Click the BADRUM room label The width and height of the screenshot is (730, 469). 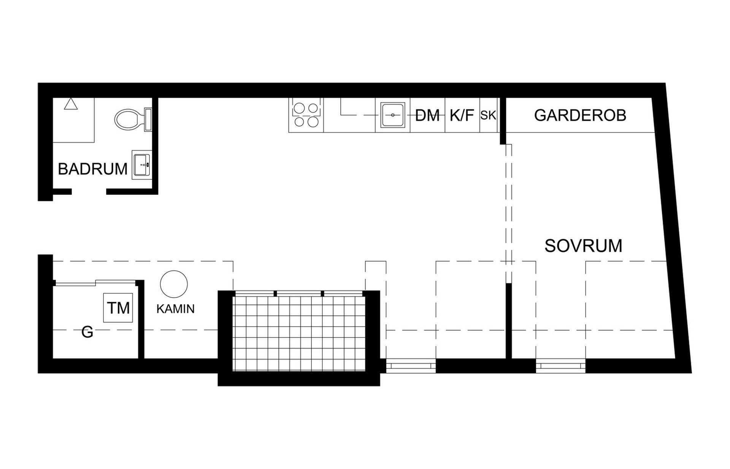click(92, 169)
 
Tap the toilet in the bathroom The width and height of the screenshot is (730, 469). click(133, 119)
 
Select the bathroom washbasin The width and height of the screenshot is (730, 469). click(142, 165)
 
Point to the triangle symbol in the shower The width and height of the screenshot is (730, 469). click(71, 104)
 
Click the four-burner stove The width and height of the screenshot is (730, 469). click(306, 115)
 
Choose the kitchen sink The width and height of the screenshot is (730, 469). click(393, 115)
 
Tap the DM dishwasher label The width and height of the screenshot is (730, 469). click(427, 116)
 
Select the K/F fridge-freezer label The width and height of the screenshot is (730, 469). click(462, 115)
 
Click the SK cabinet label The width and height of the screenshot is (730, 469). click(488, 115)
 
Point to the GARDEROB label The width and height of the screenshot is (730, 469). click(580, 116)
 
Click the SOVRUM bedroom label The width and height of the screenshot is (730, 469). click(583, 246)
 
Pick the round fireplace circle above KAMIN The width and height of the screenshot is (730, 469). click(174, 284)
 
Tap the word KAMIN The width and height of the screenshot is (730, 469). click(175, 309)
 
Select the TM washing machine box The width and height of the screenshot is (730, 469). click(118, 308)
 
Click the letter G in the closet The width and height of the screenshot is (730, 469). click(87, 332)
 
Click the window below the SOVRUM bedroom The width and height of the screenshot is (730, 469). click(561, 366)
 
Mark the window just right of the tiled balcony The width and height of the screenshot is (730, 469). click(411, 366)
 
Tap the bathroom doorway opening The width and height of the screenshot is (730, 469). click(89, 192)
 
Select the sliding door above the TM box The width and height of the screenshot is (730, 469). click(95, 282)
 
